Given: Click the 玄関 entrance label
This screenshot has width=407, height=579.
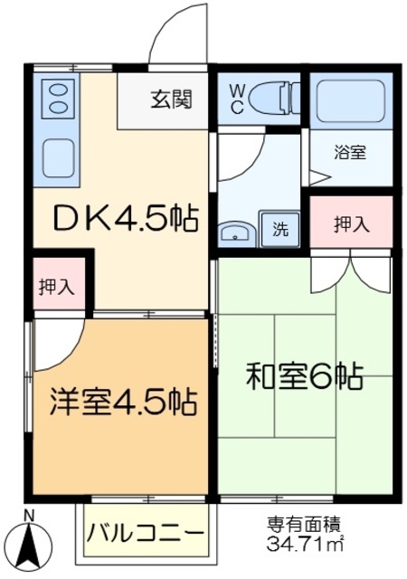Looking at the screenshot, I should click(170, 100).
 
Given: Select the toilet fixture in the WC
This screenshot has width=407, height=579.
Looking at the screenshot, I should click(275, 97).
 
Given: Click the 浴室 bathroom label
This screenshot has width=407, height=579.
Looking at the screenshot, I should click(352, 153).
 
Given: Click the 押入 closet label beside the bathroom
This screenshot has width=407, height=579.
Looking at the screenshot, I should click(351, 223).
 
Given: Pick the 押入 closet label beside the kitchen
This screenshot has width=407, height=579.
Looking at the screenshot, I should click(57, 287).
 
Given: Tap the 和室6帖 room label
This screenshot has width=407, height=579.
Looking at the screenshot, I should click(305, 374).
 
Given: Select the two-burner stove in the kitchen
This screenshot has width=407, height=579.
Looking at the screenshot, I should click(56, 97).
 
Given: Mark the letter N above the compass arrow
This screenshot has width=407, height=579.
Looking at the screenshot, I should click(30, 517).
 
